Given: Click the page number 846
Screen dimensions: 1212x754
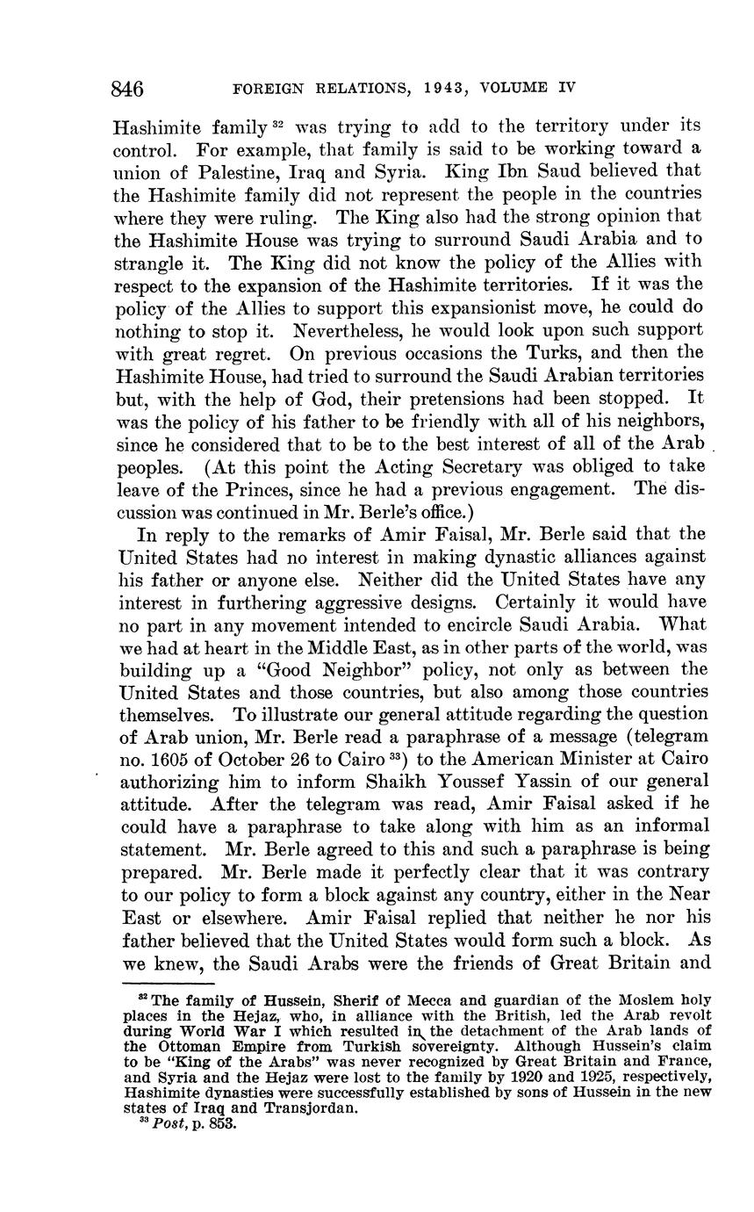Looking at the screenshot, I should pos(127,89).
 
